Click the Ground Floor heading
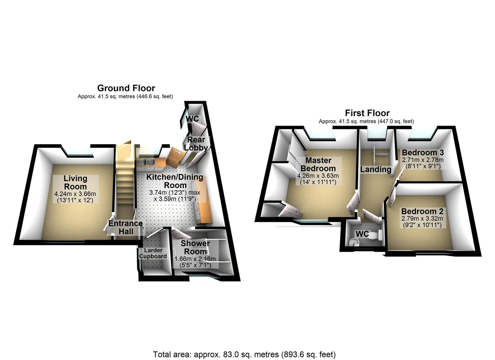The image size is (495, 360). tap(126, 88)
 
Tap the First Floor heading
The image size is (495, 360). tap(367, 113)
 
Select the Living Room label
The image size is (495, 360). tap(76, 182)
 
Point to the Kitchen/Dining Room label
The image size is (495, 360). tap(175, 181)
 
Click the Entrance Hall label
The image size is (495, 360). tap(126, 227)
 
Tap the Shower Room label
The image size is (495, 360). tap(195, 247)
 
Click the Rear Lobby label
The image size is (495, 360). tap(196, 144)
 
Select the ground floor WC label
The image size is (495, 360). tap(192, 119)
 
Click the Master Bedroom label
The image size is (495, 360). tap(318, 164)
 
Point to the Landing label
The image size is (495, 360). tap(376, 169)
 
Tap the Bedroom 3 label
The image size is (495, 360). tap(423, 153)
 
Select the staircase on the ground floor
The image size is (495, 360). tap(125, 187)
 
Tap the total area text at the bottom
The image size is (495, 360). tap(244, 354)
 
